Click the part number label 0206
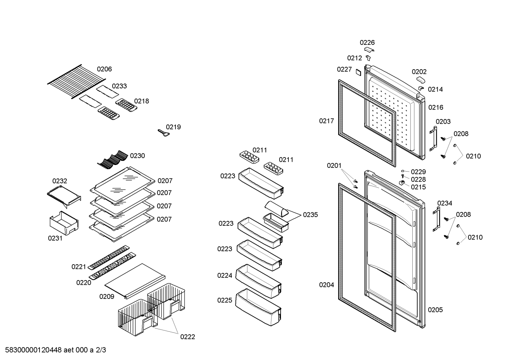click(104, 69)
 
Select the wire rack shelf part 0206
click(77, 81)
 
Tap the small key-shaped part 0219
click(164, 133)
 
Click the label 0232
click(60, 181)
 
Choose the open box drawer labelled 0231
click(64, 223)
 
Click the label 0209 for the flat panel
click(107, 296)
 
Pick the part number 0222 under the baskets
click(187, 337)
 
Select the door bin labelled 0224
click(259, 281)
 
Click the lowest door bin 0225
click(259, 307)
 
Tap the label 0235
click(310, 215)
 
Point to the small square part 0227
click(358, 72)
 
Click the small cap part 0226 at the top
click(369, 49)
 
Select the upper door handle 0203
click(433, 139)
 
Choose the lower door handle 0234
click(436, 219)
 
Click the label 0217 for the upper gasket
click(326, 121)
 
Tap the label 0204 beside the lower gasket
click(326, 285)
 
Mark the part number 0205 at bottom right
click(435, 310)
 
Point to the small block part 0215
click(402, 182)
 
